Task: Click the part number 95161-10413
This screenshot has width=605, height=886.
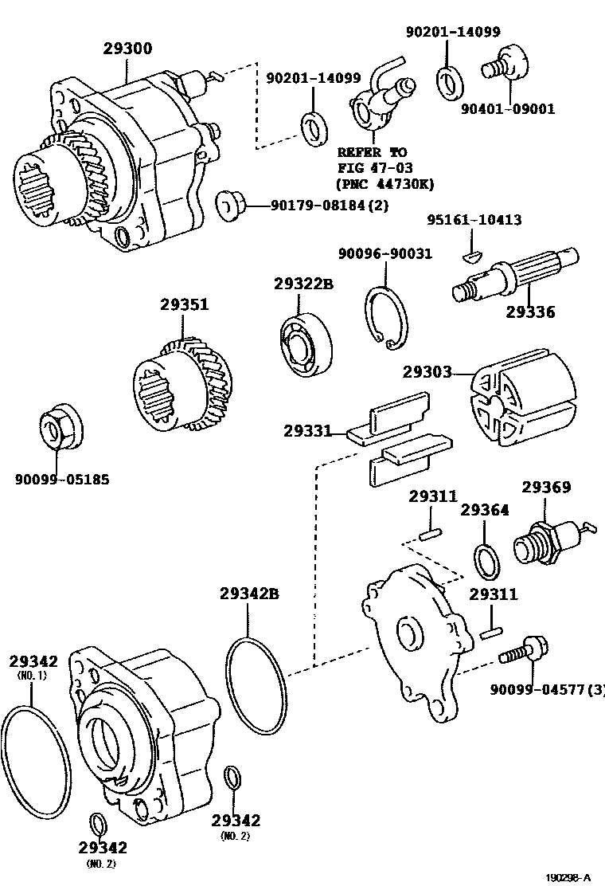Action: click(474, 219)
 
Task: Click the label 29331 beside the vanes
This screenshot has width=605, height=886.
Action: click(307, 431)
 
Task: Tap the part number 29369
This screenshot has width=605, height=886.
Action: click(546, 487)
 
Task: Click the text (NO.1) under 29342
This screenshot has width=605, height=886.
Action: click(33, 675)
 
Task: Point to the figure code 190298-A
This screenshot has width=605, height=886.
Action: click(568, 877)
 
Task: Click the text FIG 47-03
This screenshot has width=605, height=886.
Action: click(372, 168)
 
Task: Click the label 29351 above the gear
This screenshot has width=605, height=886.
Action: click(184, 304)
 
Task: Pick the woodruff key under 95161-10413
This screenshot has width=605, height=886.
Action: click(472, 257)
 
